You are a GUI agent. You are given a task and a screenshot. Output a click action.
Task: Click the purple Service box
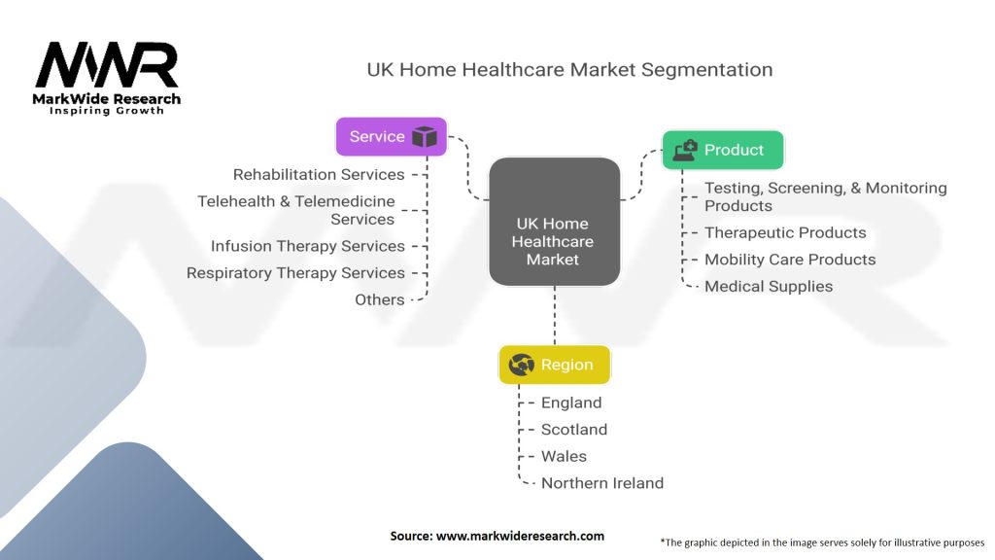tap(391, 136)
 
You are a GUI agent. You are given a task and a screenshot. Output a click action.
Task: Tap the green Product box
tap(723, 150)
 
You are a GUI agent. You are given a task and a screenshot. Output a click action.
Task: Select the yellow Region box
tap(555, 365)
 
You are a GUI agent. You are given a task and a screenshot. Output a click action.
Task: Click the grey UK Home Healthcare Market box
tap(554, 222)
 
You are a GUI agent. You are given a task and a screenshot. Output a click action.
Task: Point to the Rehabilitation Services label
tap(319, 175)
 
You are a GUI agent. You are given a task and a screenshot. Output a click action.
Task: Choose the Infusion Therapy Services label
tap(308, 246)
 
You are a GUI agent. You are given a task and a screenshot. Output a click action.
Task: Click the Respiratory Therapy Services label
tap(295, 273)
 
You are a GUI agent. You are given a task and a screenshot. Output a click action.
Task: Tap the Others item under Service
tap(380, 299)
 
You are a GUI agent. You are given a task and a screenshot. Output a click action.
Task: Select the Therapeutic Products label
tap(785, 232)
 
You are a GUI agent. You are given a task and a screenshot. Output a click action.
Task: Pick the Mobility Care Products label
tap(790, 260)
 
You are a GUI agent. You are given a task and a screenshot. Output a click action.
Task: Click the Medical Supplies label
tap(769, 287)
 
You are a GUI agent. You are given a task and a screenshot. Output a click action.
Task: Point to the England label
tap(571, 402)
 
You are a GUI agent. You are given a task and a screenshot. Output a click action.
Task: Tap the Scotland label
tap(573, 429)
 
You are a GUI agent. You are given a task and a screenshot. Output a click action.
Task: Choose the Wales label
tap(564, 456)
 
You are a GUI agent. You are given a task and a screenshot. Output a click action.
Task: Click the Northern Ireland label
tap(602, 483)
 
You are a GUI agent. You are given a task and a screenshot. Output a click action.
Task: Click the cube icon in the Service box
tap(425, 136)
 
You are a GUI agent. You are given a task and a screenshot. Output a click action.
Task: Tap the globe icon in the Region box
tap(522, 365)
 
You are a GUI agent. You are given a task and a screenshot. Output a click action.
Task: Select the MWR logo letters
tap(107, 65)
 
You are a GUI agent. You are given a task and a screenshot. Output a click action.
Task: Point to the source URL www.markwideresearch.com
tap(520, 536)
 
